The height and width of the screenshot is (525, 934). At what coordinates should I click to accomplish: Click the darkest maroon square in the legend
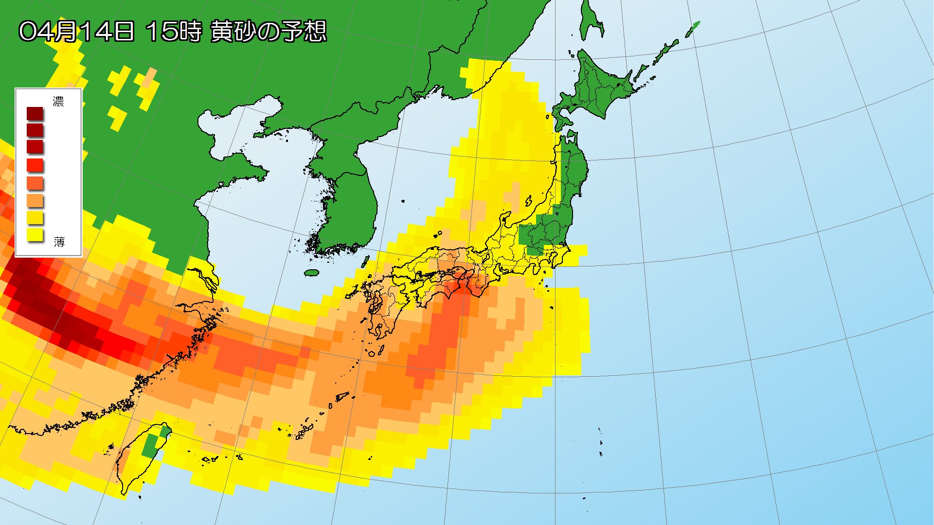(35, 114)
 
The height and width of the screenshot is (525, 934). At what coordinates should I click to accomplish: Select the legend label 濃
(58, 102)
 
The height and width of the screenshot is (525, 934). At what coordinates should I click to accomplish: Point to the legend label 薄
(59, 242)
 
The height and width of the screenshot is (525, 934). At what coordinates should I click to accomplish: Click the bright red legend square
(35, 165)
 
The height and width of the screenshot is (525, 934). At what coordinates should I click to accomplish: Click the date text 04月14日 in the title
(76, 32)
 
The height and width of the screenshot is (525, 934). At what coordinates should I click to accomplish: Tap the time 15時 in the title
(173, 32)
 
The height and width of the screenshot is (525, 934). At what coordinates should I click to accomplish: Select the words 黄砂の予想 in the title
(268, 32)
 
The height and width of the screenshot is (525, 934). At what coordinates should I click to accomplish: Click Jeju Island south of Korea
(311, 273)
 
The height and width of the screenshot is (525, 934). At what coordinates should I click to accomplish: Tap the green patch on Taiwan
(152, 445)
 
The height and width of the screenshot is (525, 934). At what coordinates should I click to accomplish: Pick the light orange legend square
(35, 200)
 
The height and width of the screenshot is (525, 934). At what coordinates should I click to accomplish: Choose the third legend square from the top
(35, 147)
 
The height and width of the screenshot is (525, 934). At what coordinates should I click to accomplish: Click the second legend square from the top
(35, 130)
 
